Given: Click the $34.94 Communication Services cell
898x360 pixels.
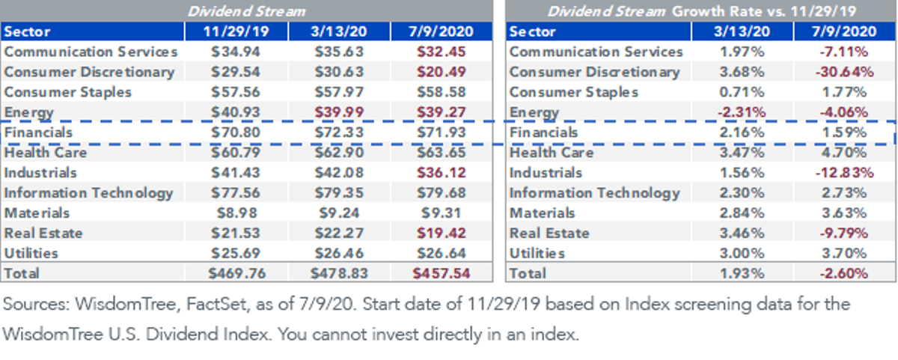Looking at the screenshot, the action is [x=236, y=52].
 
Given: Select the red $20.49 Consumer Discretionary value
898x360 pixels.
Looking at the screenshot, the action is [x=441, y=72].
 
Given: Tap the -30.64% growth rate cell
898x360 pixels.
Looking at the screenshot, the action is [x=844, y=72].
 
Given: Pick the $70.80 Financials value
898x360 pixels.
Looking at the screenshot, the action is [x=236, y=132].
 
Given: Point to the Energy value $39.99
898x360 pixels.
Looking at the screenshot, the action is [x=339, y=112].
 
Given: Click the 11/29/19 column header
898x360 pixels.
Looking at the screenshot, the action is [x=236, y=31].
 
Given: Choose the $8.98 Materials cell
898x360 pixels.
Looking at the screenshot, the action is [x=236, y=213].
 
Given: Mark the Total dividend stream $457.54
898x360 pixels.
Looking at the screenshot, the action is [x=441, y=273].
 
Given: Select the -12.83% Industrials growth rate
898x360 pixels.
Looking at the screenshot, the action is [x=844, y=173].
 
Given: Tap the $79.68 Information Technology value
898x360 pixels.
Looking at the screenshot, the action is [x=441, y=193].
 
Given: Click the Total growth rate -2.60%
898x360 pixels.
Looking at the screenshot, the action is [x=844, y=273].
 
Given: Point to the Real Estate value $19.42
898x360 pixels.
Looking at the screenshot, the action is [x=441, y=233].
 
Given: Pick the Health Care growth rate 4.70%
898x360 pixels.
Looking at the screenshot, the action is [x=844, y=153].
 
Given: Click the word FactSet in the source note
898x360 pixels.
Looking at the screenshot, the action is [x=216, y=304].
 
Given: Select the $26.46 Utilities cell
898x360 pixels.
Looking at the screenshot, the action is [x=339, y=254].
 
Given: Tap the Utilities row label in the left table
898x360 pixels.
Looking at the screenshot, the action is [x=31, y=254].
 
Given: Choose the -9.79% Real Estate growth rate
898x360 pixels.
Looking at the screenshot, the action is [x=844, y=233].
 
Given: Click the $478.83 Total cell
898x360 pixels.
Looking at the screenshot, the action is [x=339, y=273].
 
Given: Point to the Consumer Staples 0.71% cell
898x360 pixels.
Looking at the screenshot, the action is [x=742, y=92].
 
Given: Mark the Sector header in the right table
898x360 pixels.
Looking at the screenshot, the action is [x=532, y=31].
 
